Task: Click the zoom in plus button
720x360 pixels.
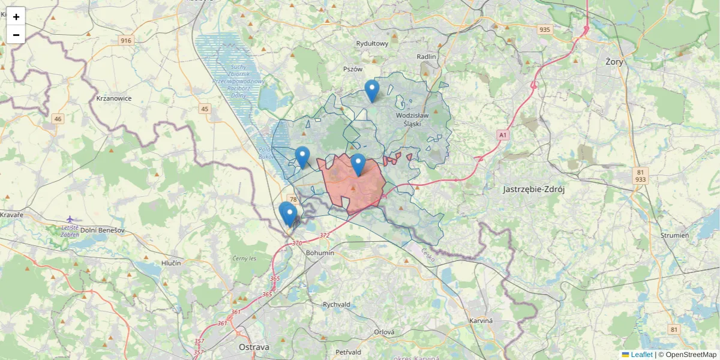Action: click(x=16, y=16)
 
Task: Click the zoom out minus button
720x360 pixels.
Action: click(x=16, y=35)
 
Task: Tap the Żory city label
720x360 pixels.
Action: click(x=614, y=61)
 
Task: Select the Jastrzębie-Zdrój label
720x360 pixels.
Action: click(x=534, y=189)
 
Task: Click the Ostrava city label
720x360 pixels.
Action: click(x=254, y=347)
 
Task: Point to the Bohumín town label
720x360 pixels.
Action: click(x=319, y=253)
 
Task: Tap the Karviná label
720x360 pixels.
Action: click(x=481, y=320)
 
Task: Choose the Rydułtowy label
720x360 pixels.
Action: click(x=372, y=43)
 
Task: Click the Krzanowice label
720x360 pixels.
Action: click(x=114, y=98)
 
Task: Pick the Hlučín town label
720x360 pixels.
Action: click(x=171, y=263)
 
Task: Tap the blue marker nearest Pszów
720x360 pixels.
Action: click(x=372, y=91)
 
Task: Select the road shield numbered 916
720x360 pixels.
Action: click(x=125, y=40)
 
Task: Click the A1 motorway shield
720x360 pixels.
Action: click(x=502, y=136)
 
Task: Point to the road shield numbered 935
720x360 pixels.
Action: click(x=545, y=29)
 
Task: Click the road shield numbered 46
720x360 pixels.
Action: click(x=58, y=119)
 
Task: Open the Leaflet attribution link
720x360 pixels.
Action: click(x=641, y=355)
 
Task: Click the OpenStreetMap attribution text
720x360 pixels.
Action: click(x=691, y=355)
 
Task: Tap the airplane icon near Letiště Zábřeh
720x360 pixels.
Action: click(x=70, y=219)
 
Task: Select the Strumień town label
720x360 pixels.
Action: click(x=674, y=235)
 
